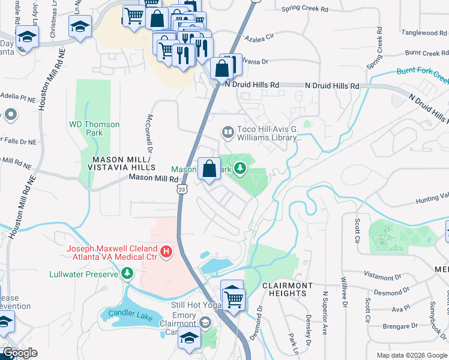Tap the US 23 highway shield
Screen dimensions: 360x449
(181, 189)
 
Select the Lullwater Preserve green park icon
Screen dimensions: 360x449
(127, 274)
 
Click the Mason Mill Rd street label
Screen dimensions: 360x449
(154, 178)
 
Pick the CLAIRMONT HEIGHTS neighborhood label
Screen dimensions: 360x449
(287, 289)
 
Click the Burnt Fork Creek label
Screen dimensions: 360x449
(423, 74)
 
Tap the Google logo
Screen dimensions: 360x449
(20, 353)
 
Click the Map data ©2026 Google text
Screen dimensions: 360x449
(411, 355)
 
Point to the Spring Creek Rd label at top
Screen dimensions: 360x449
(305, 10)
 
